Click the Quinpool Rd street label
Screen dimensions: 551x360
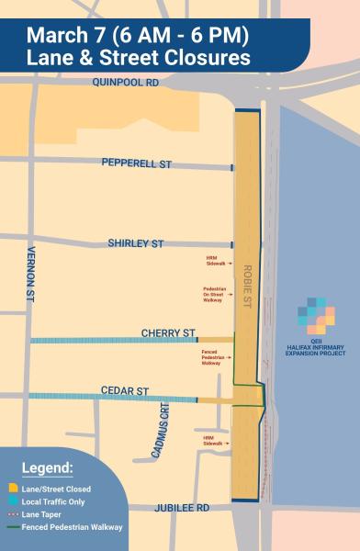[125, 83]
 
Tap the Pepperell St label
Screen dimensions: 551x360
[137, 163]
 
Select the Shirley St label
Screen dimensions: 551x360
[136, 243]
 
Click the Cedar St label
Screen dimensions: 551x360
[129, 391]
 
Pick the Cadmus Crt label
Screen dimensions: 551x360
[163, 431]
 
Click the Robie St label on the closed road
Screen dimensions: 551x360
[247, 285]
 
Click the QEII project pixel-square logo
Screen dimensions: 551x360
[316, 317]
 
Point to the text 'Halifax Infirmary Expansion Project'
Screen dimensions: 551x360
[316, 351]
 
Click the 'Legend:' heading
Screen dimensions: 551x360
[47, 468]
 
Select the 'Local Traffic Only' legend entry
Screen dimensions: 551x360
[51, 501]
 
